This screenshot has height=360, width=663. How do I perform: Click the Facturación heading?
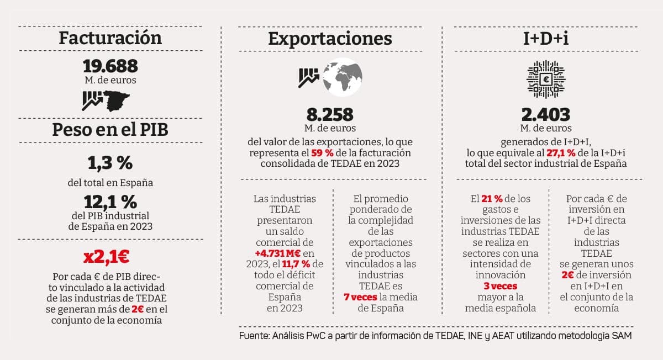(x=110, y=38)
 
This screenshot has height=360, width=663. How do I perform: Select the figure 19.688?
(x=110, y=66)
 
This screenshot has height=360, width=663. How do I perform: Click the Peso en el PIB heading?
(x=110, y=130)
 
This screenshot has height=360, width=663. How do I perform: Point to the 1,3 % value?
(x=110, y=163)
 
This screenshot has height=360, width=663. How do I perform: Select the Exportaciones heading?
(x=330, y=38)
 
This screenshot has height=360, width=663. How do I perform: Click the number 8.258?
(x=330, y=114)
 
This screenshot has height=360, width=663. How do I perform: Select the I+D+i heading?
(x=546, y=38)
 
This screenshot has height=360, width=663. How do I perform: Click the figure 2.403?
(x=546, y=114)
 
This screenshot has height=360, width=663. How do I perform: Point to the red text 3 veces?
(x=501, y=286)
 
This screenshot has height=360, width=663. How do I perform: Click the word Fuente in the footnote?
(x=254, y=336)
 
